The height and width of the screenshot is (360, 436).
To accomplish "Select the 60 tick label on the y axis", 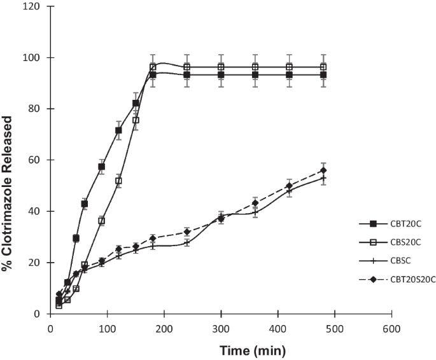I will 38,160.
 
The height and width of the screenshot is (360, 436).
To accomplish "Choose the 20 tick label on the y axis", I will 38,263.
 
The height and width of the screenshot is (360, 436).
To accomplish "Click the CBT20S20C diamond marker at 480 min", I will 323,170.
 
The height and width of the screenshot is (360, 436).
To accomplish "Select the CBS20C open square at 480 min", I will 323,67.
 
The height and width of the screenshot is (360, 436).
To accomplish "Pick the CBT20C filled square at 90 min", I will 101,167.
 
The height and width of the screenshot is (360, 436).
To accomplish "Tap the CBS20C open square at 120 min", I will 118,181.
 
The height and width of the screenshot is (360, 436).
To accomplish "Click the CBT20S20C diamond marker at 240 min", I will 187,232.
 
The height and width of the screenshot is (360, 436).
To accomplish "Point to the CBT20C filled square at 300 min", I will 221,75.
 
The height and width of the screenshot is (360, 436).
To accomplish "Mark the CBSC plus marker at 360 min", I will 255,212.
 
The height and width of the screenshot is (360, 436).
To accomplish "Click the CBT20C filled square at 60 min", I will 85,204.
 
